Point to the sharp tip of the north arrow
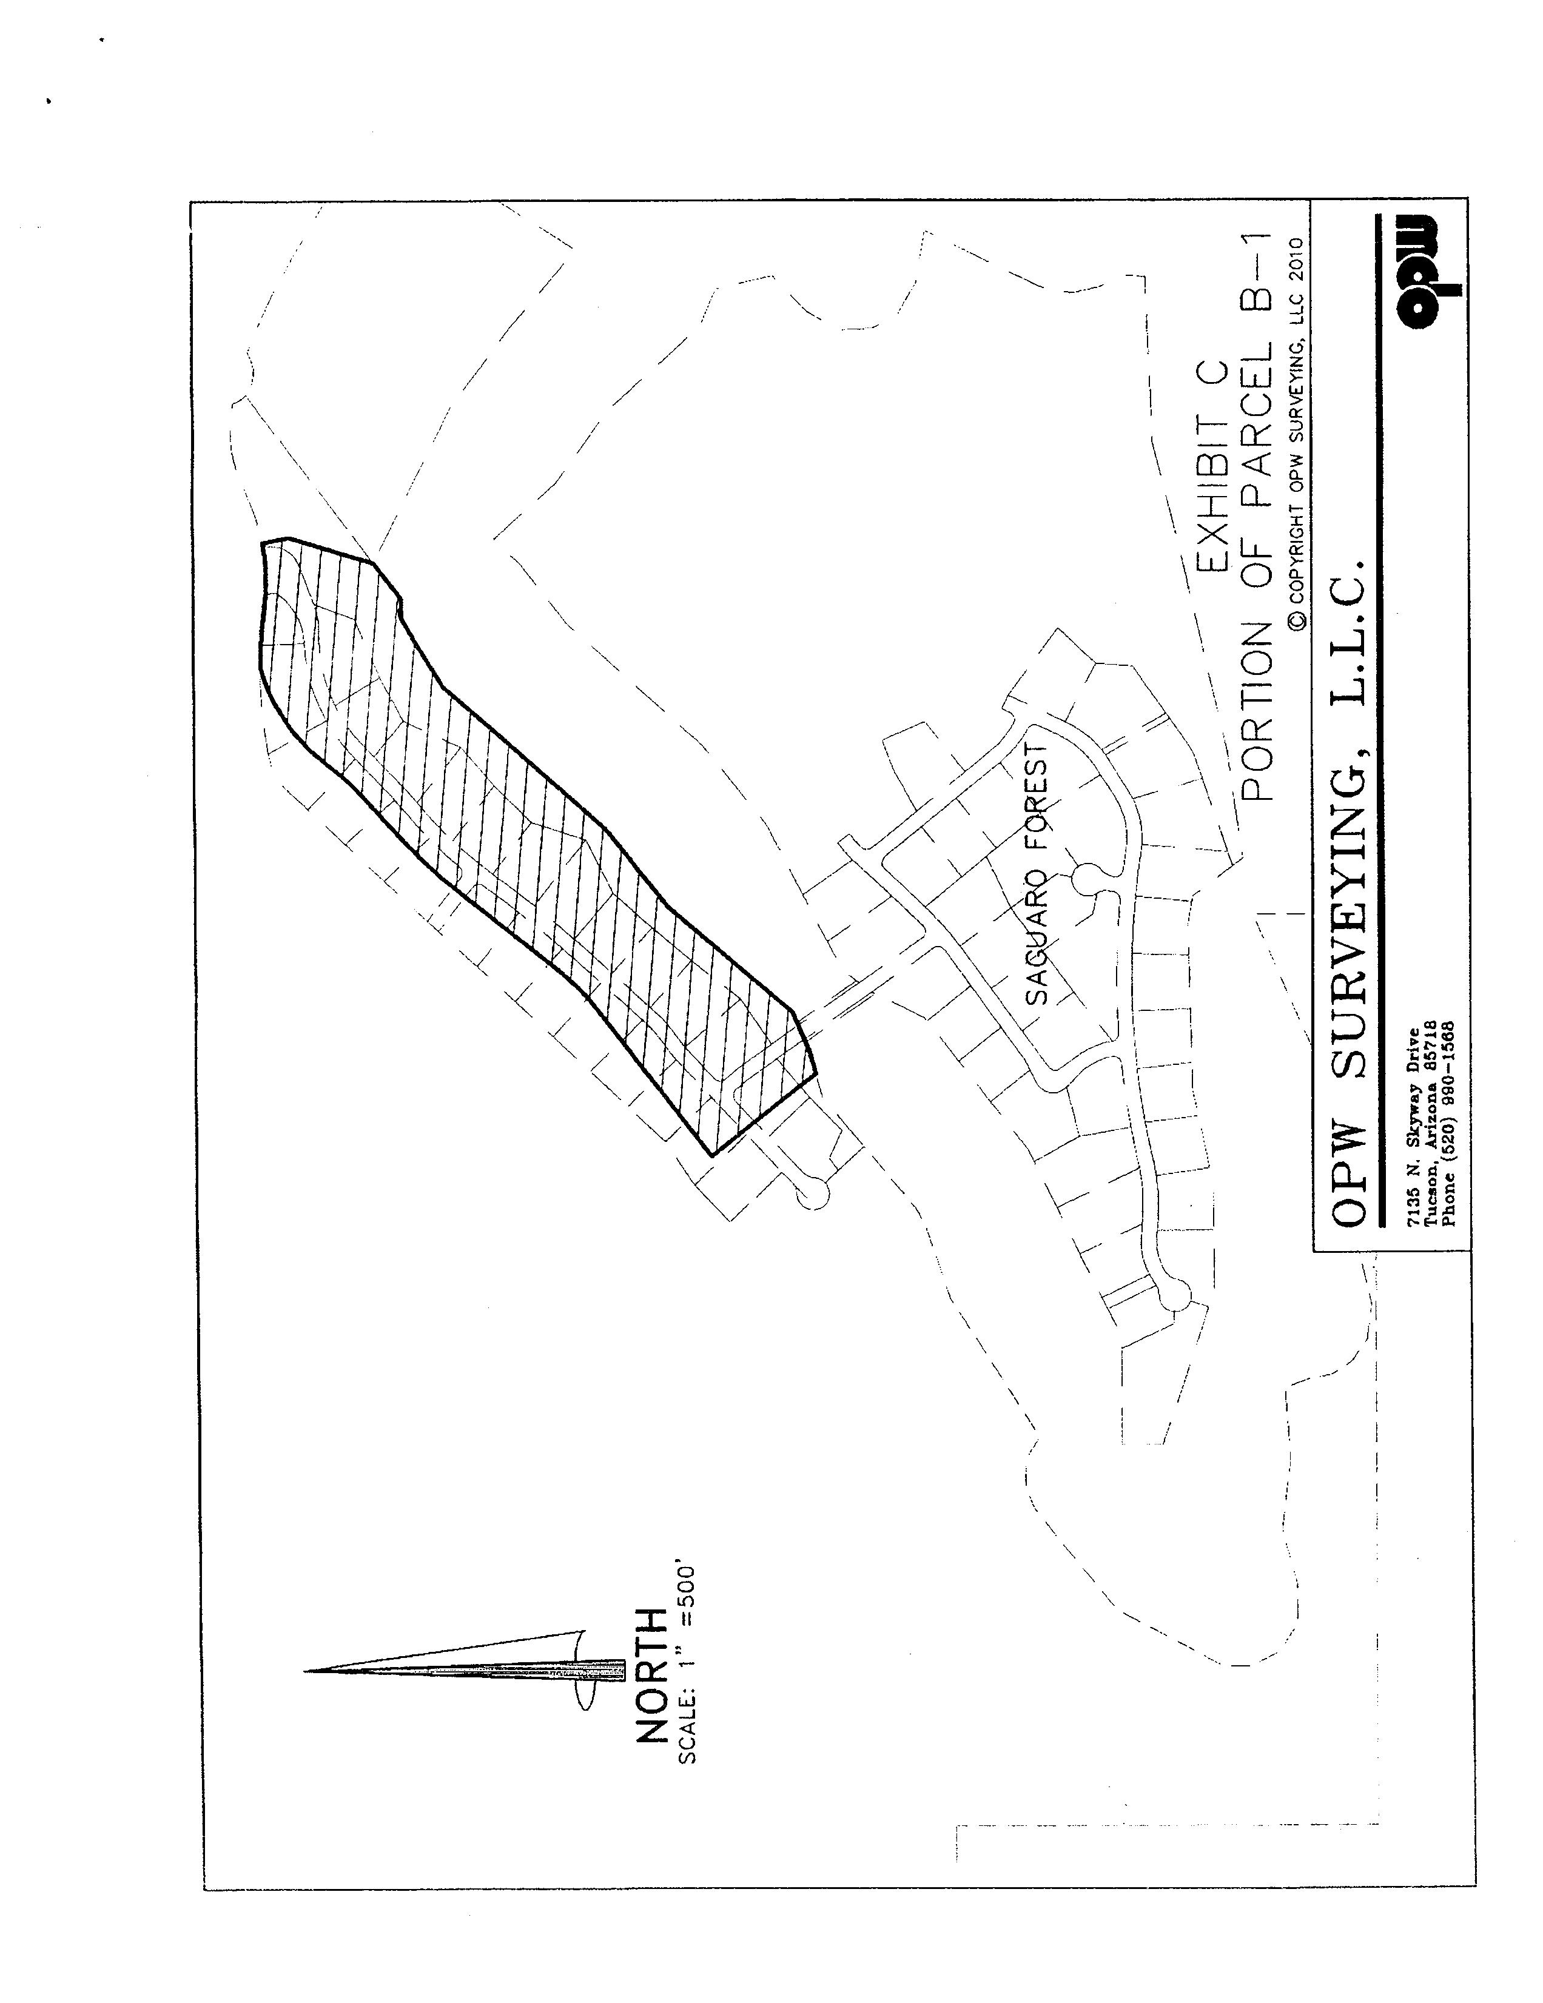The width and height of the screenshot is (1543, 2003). [x=306, y=1671]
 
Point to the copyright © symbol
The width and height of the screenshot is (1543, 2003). [x=1296, y=622]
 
